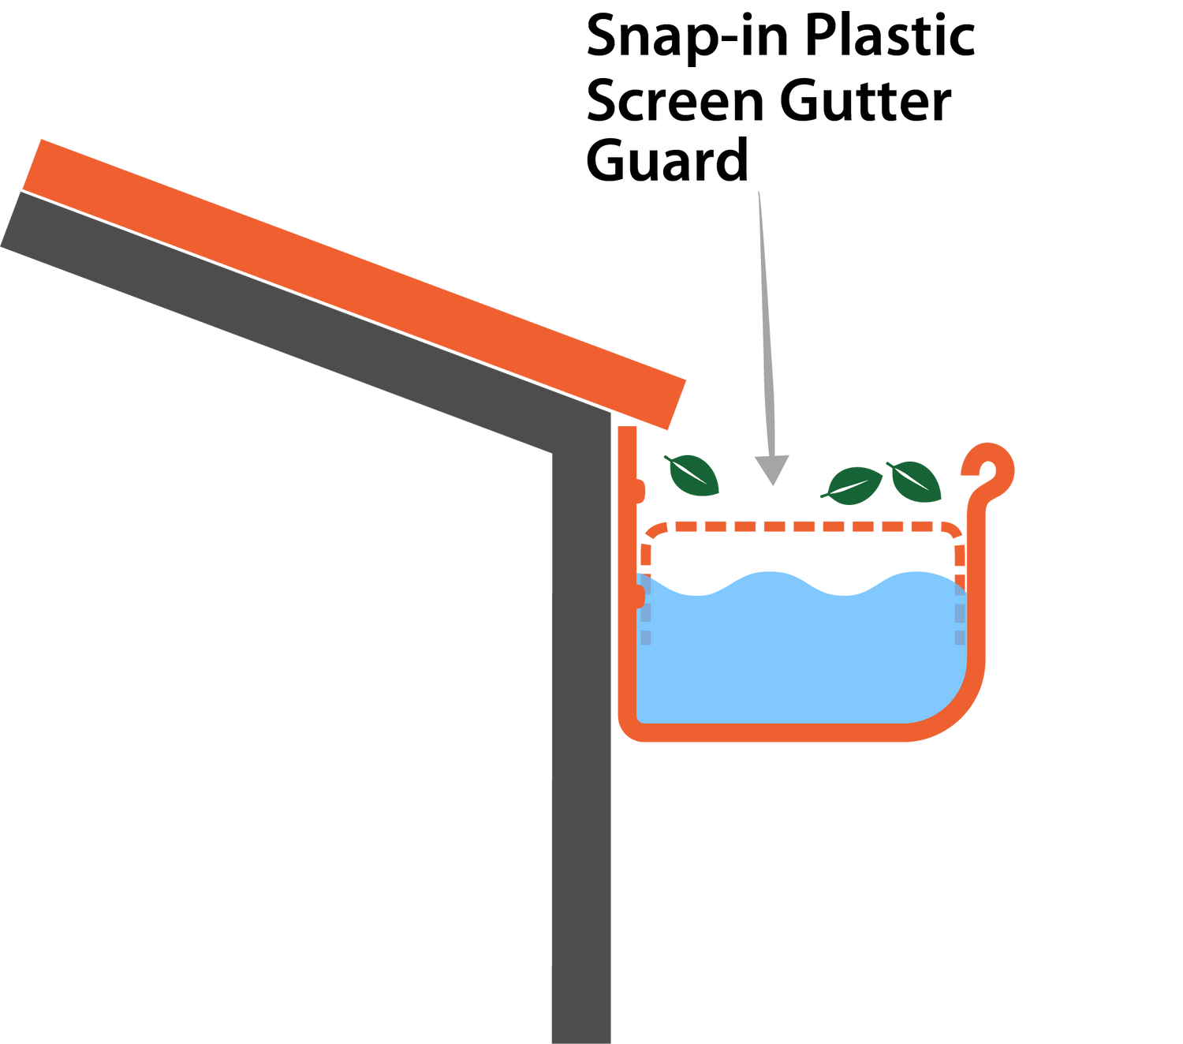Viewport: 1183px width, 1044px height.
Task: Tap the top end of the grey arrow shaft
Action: coord(759,194)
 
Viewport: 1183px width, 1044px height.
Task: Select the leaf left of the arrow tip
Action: coord(692,475)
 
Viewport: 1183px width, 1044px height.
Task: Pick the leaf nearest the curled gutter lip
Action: coord(915,481)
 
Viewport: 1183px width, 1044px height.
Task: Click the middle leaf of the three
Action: coord(853,485)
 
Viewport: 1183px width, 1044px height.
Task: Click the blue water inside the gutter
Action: coord(797,655)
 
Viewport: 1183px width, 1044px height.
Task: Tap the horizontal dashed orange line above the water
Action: coord(804,526)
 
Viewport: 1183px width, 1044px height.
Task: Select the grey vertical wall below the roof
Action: coord(582,750)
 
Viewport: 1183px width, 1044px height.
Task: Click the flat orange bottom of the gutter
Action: coord(773,733)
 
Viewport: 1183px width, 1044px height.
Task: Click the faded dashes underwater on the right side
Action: coord(960,619)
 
